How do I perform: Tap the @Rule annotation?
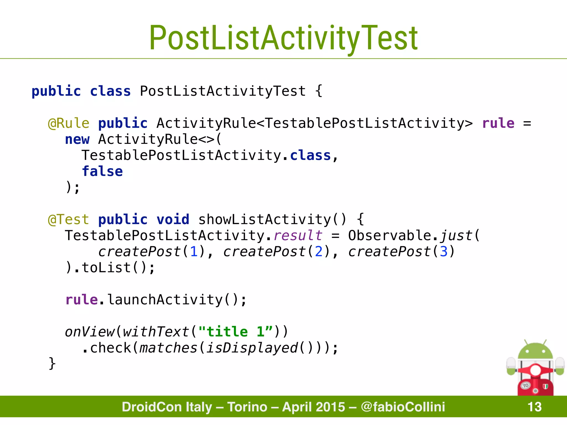(x=69, y=123)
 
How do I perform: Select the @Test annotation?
(x=69, y=220)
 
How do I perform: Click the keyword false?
(x=102, y=171)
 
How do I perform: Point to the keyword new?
(x=77, y=139)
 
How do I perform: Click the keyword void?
(x=173, y=220)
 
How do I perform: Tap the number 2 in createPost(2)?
(x=319, y=252)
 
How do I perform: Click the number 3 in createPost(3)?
(x=444, y=252)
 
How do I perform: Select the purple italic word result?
(x=298, y=236)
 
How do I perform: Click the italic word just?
(x=456, y=236)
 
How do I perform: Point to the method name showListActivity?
(x=264, y=220)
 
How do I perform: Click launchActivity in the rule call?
(x=165, y=300)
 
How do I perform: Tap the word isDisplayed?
(x=252, y=348)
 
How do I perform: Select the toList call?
(x=106, y=268)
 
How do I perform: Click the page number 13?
(x=534, y=407)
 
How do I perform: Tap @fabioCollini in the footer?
(x=403, y=407)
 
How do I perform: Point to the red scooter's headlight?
(x=535, y=370)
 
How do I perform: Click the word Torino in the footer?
(x=247, y=407)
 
